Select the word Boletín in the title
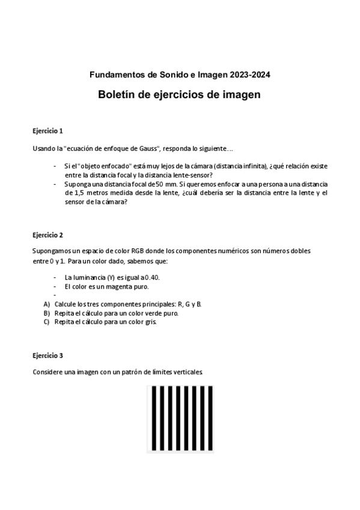point(118,95)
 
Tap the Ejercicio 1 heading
point(47,130)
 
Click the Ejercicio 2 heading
point(47,235)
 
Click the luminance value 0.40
point(152,277)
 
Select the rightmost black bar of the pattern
point(210,419)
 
